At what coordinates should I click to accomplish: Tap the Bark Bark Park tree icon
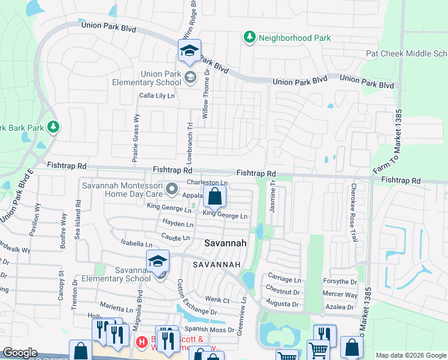pos(53,127)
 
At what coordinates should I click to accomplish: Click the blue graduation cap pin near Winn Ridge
pos(189,51)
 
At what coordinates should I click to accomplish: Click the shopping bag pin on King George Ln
pos(214,196)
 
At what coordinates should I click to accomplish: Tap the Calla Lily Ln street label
pos(157,95)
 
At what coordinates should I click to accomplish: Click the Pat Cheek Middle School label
pos(407,53)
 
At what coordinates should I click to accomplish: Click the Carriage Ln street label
pos(284,280)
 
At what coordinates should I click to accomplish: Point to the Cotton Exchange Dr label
pos(197,296)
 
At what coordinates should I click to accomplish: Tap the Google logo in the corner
pos(20,353)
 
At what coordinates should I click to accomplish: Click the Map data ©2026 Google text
pos(410,355)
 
